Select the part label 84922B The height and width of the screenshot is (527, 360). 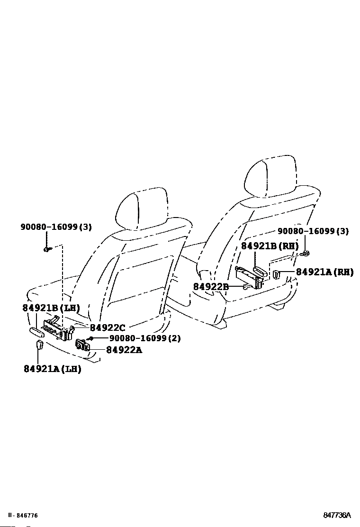tap(211, 286)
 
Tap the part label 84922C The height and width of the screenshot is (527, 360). tap(108, 327)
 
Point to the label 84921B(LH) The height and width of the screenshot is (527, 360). tap(51, 308)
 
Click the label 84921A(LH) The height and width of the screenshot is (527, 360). tap(52, 369)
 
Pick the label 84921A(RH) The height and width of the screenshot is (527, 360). tap(324, 272)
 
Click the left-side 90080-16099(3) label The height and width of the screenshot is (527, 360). tap(56, 227)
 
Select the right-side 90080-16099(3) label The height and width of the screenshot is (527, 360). tap(313, 231)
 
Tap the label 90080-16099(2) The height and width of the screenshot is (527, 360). tap(144, 338)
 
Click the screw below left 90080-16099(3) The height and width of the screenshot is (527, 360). tap(46, 248)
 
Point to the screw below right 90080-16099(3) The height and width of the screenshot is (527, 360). tap(306, 254)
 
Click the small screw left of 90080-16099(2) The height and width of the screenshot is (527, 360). tap(89, 338)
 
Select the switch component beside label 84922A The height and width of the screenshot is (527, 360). tap(83, 344)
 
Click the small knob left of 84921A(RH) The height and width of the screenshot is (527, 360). tap(277, 274)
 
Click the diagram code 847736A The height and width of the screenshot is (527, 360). tap(337, 515)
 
